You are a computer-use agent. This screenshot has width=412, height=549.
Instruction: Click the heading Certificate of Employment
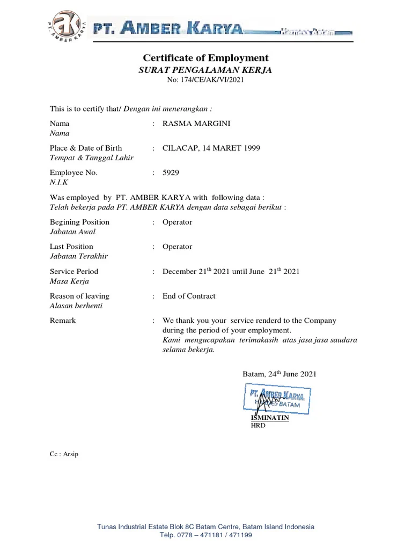point(205,58)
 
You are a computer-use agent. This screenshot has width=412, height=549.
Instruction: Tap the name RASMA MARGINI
point(196,123)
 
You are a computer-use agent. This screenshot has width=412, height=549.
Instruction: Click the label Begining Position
point(79,222)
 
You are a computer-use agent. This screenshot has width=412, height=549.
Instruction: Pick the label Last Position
point(71,247)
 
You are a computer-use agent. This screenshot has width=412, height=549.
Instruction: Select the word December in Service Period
point(179,271)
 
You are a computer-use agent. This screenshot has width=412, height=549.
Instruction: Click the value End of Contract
point(189,296)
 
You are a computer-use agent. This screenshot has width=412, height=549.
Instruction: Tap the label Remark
point(63,321)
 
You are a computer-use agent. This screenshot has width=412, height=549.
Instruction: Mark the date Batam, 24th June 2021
point(276,374)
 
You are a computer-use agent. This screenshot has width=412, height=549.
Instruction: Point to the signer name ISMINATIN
point(270,418)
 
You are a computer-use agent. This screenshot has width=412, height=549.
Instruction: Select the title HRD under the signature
point(258,426)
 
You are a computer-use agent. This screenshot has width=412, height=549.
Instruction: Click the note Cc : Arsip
point(64,454)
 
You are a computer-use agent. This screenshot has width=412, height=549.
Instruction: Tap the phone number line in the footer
point(206,535)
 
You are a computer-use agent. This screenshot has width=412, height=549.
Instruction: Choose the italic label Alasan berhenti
point(76,306)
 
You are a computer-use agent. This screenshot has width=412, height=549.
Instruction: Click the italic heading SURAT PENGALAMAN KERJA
point(205,70)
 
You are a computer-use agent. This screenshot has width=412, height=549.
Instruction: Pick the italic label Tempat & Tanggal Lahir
point(92,158)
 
